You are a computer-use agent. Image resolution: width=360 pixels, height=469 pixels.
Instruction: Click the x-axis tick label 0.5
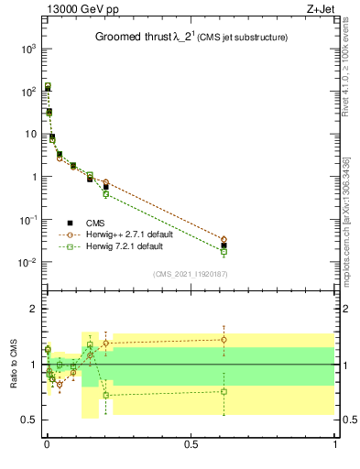191,445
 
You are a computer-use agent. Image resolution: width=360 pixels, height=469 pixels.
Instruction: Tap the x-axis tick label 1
335,445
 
